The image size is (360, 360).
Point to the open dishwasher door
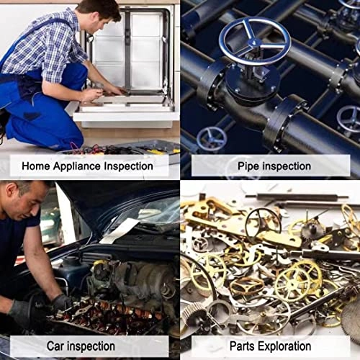pos(126,108)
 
